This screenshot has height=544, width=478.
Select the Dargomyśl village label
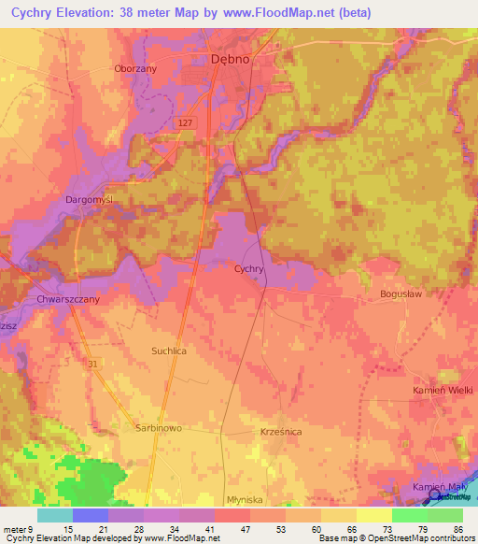coord(88,200)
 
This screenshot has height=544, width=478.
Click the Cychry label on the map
coord(249,269)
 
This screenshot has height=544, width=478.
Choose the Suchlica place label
coord(169,351)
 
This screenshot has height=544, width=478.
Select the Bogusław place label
coord(401,293)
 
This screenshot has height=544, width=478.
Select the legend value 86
coord(457,528)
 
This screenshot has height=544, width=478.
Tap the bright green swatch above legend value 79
coord(409,515)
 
